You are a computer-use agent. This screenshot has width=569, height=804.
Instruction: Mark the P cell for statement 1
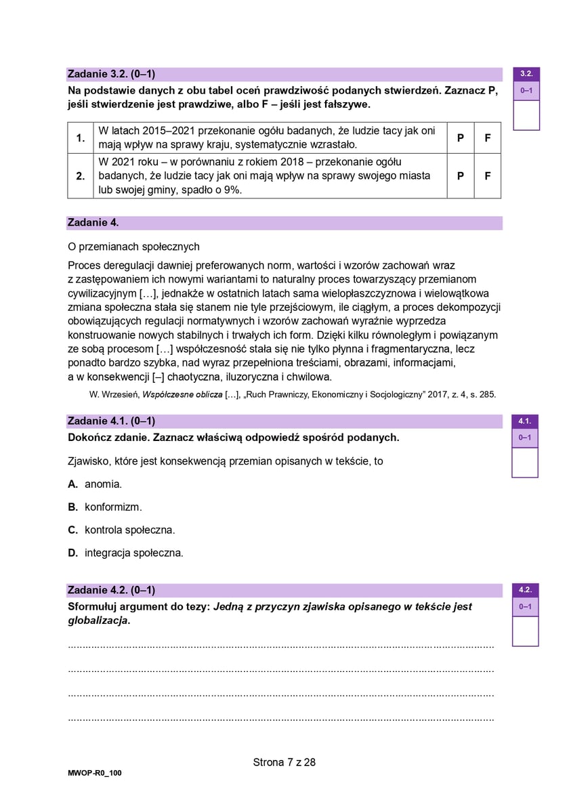tap(461, 137)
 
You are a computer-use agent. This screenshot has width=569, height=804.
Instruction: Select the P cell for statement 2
tap(461, 176)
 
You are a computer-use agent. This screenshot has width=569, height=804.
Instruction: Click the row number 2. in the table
tap(81, 176)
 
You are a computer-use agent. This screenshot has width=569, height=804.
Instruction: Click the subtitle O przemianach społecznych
tap(134, 247)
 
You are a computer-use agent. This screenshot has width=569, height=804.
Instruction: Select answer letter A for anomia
tap(73, 484)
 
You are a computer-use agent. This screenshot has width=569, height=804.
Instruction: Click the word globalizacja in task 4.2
tap(98, 620)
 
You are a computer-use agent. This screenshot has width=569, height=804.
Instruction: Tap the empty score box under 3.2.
tap(526, 114)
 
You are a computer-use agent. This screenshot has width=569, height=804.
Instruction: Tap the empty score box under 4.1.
tap(524, 462)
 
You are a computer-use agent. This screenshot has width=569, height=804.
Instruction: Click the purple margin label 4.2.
tap(524, 590)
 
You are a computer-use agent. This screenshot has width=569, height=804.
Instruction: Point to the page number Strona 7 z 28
tap(284, 762)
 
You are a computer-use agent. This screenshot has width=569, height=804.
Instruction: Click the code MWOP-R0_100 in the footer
tap(95, 773)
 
